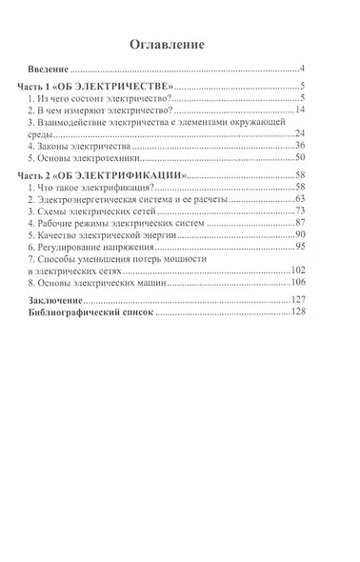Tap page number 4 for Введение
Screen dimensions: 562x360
point(301,70)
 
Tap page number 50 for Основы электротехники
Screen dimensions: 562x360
point(298,158)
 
